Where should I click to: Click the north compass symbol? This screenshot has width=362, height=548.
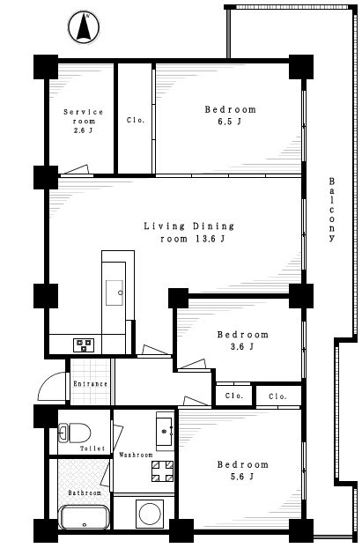(x=84, y=27)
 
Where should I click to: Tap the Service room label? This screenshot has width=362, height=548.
(x=84, y=121)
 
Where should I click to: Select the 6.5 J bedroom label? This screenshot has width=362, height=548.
(x=230, y=115)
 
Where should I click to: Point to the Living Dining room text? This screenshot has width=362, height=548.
(x=189, y=232)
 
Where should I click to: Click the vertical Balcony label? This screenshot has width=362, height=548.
(x=332, y=210)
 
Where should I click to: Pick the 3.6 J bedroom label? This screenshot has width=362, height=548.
(x=242, y=340)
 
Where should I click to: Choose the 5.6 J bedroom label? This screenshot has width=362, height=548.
(x=242, y=470)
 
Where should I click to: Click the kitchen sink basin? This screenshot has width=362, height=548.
(x=115, y=293)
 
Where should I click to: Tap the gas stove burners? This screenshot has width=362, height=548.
(x=84, y=344)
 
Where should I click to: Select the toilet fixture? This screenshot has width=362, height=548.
(x=74, y=433)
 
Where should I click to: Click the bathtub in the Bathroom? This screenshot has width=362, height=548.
(x=84, y=517)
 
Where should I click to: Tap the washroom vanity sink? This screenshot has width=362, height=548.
(x=165, y=431)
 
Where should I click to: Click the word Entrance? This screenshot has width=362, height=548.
(x=90, y=384)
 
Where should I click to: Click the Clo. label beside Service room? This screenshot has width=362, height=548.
(x=136, y=120)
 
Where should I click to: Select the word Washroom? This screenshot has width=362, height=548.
(x=136, y=455)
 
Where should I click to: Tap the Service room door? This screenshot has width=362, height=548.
(x=76, y=170)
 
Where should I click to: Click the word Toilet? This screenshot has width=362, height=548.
(x=92, y=448)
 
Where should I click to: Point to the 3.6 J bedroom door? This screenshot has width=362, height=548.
(x=192, y=365)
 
